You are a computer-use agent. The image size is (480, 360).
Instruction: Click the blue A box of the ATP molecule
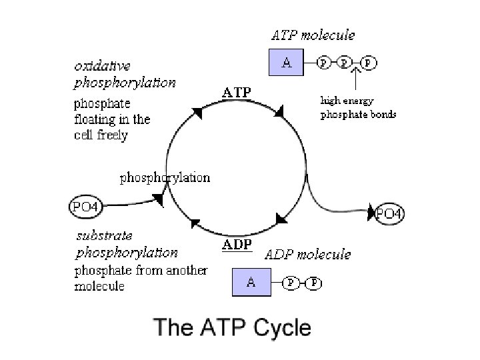286,63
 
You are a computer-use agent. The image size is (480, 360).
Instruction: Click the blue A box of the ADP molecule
251,282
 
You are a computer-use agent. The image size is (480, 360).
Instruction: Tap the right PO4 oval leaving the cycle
389,213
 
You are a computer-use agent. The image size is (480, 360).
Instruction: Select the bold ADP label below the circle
237,245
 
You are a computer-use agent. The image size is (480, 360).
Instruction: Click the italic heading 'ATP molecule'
312,34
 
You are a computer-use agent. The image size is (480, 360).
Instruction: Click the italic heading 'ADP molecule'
308,255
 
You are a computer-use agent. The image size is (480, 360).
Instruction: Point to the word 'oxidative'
102,67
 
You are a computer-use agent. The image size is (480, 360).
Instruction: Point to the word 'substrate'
104,236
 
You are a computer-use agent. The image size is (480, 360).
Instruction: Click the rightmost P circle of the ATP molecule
369,63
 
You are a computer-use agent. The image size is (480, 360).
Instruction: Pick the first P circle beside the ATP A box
324,63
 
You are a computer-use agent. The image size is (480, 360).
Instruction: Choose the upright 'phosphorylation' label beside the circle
165,178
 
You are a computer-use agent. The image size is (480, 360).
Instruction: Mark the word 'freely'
111,135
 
